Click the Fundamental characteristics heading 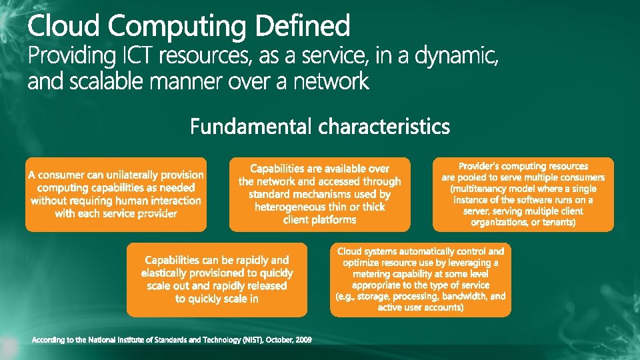click(320, 126)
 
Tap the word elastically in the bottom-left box click(166, 273)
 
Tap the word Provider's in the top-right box click(479, 166)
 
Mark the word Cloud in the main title click(64, 27)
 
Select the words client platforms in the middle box click(319, 219)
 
